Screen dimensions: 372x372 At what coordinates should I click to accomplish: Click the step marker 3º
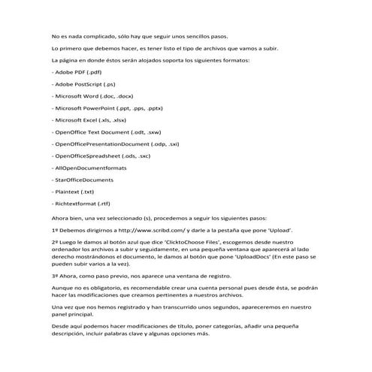point(55,277)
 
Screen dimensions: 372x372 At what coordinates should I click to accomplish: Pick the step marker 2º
point(55,244)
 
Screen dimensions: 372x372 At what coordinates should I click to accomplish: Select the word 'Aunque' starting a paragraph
point(62,289)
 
